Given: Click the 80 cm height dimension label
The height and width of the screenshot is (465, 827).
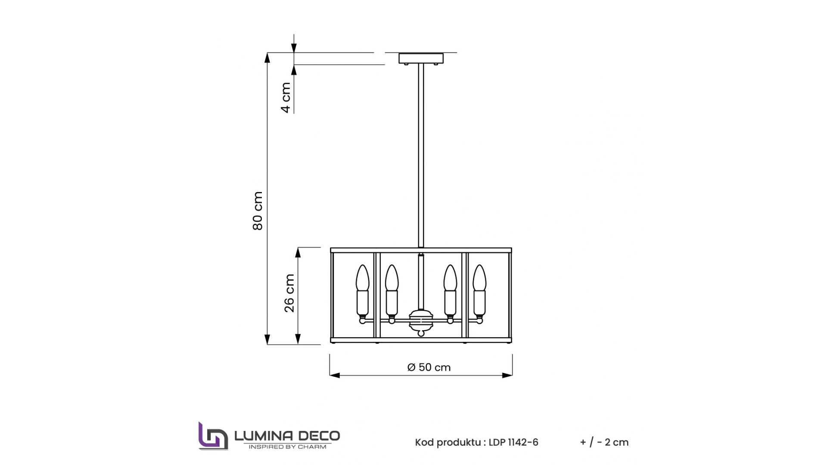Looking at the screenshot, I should click(x=258, y=211).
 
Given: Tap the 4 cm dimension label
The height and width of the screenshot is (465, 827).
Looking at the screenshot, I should click(x=286, y=98).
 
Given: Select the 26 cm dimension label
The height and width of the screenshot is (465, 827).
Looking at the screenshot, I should click(x=289, y=293).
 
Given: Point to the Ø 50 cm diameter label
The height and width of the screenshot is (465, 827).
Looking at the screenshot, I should click(x=429, y=367).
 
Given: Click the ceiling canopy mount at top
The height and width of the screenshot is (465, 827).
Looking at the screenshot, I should click(x=421, y=58).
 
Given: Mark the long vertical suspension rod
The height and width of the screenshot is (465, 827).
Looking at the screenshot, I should click(x=421, y=155).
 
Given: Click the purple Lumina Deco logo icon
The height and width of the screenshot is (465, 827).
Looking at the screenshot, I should click(x=212, y=436).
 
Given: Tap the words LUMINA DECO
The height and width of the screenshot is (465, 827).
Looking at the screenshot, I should click(x=287, y=436).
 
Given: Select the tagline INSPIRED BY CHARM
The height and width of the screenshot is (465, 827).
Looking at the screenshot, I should click(x=287, y=447).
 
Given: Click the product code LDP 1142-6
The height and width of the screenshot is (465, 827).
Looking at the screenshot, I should click(x=513, y=443).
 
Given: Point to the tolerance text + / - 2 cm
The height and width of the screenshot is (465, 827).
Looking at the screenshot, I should click(x=604, y=443).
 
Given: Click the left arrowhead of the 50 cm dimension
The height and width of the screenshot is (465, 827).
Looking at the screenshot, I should click(x=334, y=375).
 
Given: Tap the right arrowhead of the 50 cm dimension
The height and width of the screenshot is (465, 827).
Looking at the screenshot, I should click(x=508, y=375).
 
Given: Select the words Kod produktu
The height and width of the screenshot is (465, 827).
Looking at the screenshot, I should click(x=448, y=443).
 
